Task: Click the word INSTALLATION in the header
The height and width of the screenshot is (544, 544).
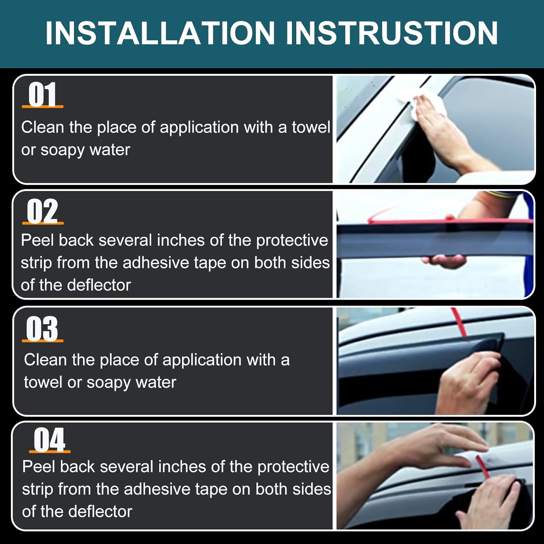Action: pyautogui.click(x=160, y=33)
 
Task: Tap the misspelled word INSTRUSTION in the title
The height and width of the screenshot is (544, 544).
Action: pyautogui.click(x=392, y=33)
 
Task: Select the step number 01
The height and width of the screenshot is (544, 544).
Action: pyautogui.click(x=42, y=95)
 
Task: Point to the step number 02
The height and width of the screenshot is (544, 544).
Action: pyautogui.click(x=42, y=211)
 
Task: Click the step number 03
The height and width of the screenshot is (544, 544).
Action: pyautogui.click(x=42, y=329)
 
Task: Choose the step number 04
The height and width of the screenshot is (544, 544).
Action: pyautogui.click(x=50, y=440)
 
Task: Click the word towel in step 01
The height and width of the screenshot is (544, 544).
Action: pyautogui.click(x=311, y=127)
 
